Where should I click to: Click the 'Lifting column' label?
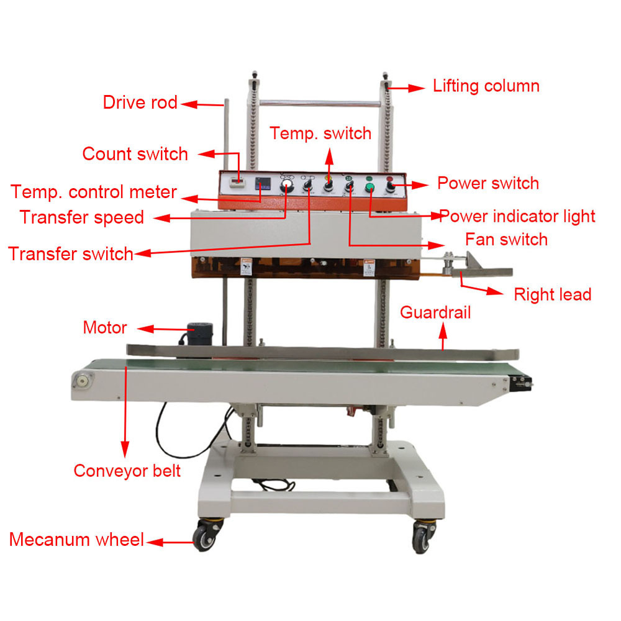point(486,86)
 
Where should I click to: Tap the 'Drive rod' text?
point(140,102)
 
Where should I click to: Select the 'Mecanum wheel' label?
point(76,540)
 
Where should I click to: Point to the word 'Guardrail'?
point(435,312)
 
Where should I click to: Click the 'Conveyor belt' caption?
point(127,471)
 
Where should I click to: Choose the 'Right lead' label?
point(553,294)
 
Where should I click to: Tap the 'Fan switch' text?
point(506,239)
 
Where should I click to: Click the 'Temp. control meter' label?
point(94,192)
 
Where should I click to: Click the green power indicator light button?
point(369,187)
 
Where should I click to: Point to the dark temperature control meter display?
point(263,183)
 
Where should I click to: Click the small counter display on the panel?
point(238,182)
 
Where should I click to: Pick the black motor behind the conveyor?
point(199,333)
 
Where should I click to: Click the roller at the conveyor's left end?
point(83,381)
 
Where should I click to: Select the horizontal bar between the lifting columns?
point(320,104)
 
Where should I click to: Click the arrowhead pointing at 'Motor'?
point(145,329)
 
